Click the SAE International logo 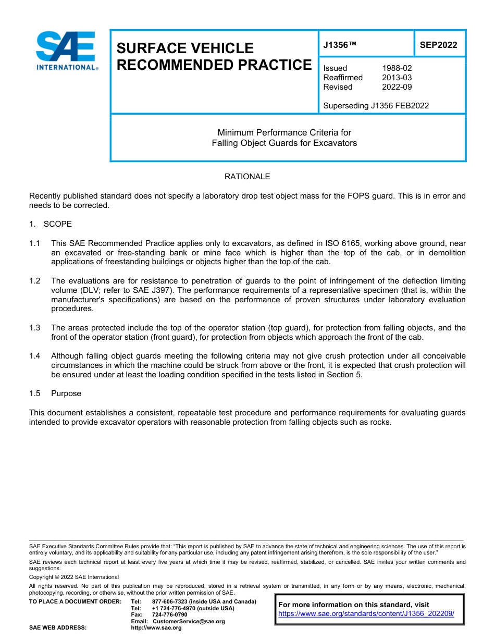pyautogui.click(x=66, y=51)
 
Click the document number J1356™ pyautogui.click(x=339, y=45)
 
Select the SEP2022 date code pyautogui.click(x=438, y=45)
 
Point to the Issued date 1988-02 pyautogui.click(x=397, y=68)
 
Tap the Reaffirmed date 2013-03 pyautogui.click(x=397, y=78)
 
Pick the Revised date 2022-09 pyautogui.click(x=397, y=87)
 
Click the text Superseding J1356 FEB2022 pyautogui.click(x=376, y=106)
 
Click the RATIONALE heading pyautogui.click(x=247, y=177)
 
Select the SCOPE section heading pyautogui.click(x=57, y=224)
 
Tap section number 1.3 pyautogui.click(x=35, y=328)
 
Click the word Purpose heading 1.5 pyautogui.click(x=66, y=393)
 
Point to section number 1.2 pyautogui.click(x=35, y=281)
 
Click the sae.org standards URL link pyautogui.click(x=366, y=614)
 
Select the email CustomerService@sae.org pyautogui.click(x=189, y=621)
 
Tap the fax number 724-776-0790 pyautogui.click(x=169, y=614)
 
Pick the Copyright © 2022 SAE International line pyautogui.click(x=74, y=577)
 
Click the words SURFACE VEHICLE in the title pyautogui.click(x=185, y=48)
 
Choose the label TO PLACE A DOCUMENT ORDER pyautogui.click(x=75, y=601)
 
